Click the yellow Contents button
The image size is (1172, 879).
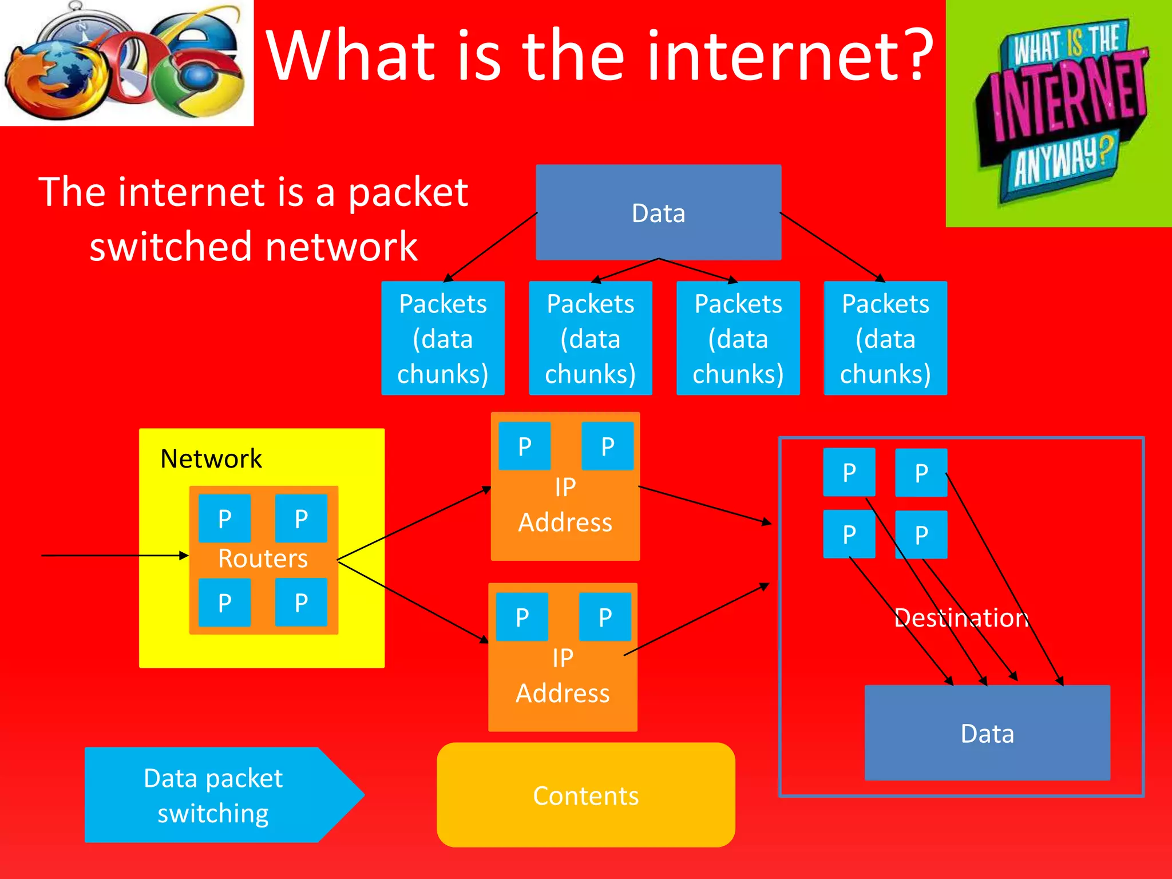(x=585, y=795)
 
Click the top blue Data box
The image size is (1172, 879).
(x=658, y=212)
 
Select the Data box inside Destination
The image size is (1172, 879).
(x=987, y=733)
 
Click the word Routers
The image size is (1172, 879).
(x=263, y=559)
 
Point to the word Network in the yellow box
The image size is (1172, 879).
(x=211, y=458)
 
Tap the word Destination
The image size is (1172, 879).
(x=961, y=617)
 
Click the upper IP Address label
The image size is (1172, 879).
(x=565, y=505)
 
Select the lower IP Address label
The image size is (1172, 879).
(x=563, y=676)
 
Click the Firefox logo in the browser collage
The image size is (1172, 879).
(x=54, y=80)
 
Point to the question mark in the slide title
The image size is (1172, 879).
(x=916, y=54)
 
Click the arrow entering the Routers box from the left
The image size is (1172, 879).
(x=114, y=555)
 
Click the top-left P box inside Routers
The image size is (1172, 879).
(x=224, y=518)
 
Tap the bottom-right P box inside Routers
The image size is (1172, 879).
(x=301, y=602)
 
